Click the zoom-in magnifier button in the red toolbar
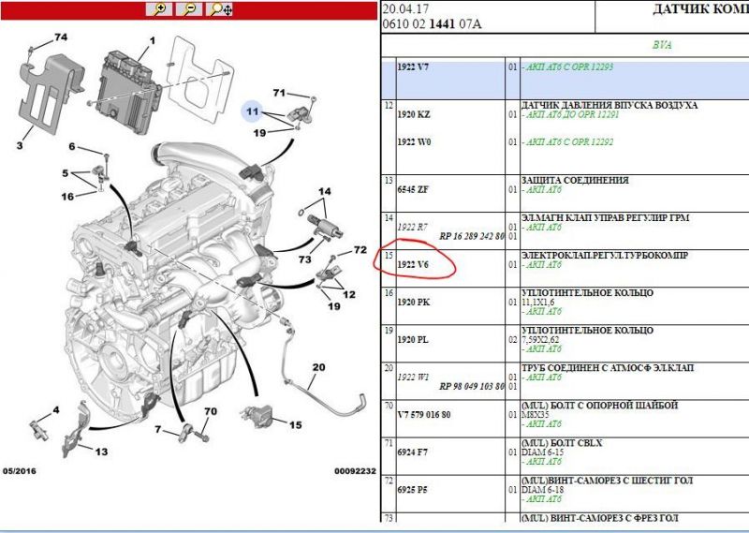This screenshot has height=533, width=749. click(x=159, y=9)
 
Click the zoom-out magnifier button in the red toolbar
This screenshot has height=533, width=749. click(x=189, y=9)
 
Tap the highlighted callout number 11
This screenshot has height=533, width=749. click(x=252, y=111)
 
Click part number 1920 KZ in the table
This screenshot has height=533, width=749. click(x=414, y=114)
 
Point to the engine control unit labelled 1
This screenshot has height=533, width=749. click(x=127, y=92)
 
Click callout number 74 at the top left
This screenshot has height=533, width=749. click(x=61, y=37)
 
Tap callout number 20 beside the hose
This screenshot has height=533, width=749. click(x=318, y=367)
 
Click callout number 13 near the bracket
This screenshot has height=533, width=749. click(x=101, y=452)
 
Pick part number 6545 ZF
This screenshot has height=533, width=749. click(x=413, y=190)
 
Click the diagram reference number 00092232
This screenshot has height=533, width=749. click(x=355, y=471)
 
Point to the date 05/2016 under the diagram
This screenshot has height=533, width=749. click(x=19, y=471)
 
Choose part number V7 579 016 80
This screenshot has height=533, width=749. click(x=424, y=414)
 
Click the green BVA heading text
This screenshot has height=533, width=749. click(x=662, y=45)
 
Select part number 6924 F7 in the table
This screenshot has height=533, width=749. click(x=413, y=452)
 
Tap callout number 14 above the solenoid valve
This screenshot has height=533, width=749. click(x=324, y=191)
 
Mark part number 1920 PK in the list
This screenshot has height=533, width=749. click(x=414, y=303)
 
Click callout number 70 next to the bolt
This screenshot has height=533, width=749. click(x=210, y=411)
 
